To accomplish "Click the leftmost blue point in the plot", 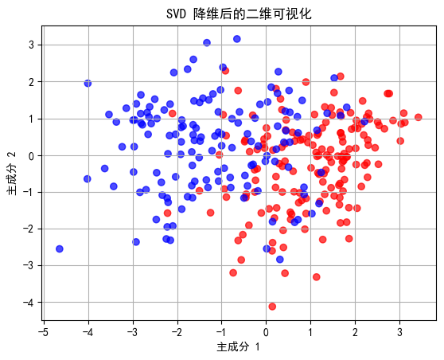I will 60,249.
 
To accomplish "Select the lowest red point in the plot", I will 272,307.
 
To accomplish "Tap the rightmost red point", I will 418,117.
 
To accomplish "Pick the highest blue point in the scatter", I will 237,39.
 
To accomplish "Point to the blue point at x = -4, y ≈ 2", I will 88,83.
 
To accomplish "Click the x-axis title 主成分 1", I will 239,347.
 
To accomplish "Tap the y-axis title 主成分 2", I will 11,174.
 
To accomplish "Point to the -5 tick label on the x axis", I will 44,331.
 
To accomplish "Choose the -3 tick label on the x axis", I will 132,331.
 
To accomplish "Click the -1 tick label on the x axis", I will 221,331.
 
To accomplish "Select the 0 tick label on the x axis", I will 267,331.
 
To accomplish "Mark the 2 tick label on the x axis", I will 356,331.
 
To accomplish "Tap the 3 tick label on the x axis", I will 400,331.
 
